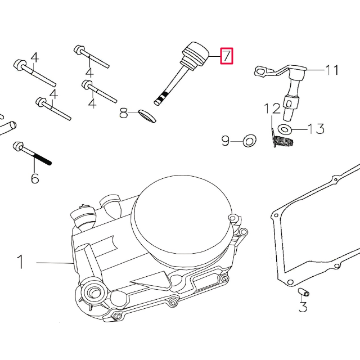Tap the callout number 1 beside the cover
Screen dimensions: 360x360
tap(20, 262)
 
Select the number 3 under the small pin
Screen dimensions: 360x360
tap(303, 307)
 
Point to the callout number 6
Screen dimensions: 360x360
tap(35, 178)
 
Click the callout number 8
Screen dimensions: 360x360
tap(124, 114)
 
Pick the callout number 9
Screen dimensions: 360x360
tap(226, 141)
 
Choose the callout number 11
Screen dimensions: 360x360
tap(332, 70)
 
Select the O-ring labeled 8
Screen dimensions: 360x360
tap(146, 115)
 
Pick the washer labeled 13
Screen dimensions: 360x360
tap(285, 130)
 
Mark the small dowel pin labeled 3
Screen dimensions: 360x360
tap(302, 292)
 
